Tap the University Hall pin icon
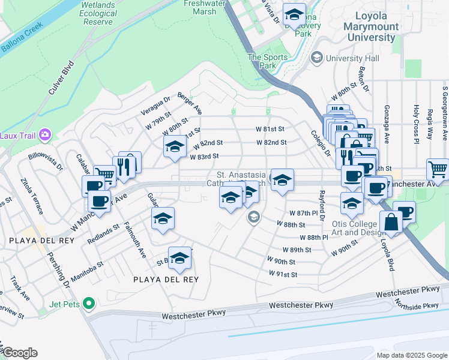[316, 58]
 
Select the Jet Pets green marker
[89, 304]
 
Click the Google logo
[20, 353]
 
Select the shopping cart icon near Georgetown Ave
[438, 169]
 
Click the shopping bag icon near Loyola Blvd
[391, 221]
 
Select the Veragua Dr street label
[156, 106]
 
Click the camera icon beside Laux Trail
[44, 134]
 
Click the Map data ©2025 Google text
[411, 355]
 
